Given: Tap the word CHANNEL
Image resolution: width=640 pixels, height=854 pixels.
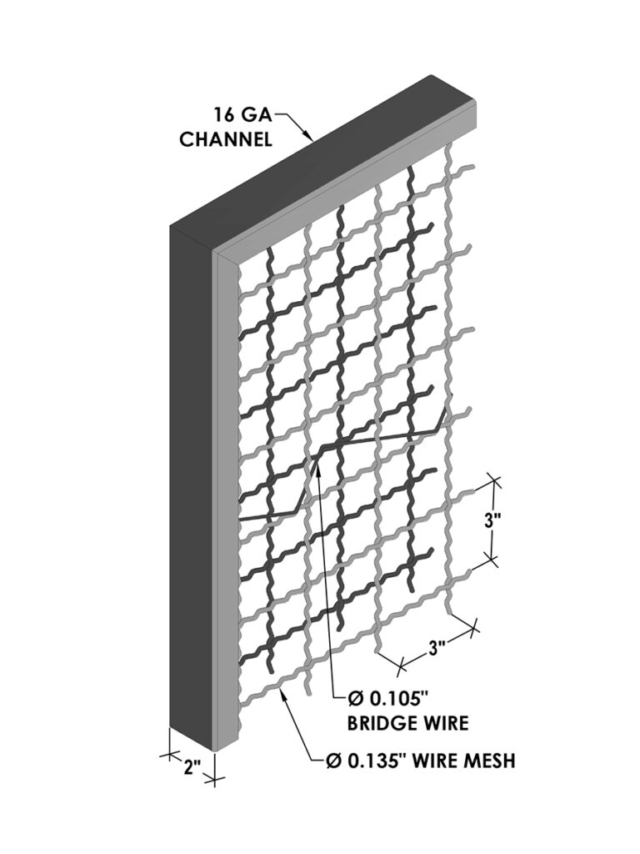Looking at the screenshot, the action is [x=226, y=139].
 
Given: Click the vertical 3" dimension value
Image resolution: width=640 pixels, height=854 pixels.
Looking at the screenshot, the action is [x=492, y=520].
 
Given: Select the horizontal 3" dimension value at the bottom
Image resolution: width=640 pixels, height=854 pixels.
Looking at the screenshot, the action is [x=437, y=649].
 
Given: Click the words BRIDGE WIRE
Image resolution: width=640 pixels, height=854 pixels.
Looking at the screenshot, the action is [x=407, y=723].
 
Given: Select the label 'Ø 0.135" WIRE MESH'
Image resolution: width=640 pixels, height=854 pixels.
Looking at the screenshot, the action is [x=420, y=760].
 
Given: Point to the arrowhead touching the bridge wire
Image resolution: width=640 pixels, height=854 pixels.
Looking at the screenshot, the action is [x=317, y=464].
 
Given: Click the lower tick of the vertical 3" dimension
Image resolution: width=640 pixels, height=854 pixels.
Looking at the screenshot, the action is [x=492, y=559].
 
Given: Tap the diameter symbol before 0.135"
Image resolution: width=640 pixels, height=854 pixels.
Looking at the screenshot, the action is [x=333, y=761].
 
